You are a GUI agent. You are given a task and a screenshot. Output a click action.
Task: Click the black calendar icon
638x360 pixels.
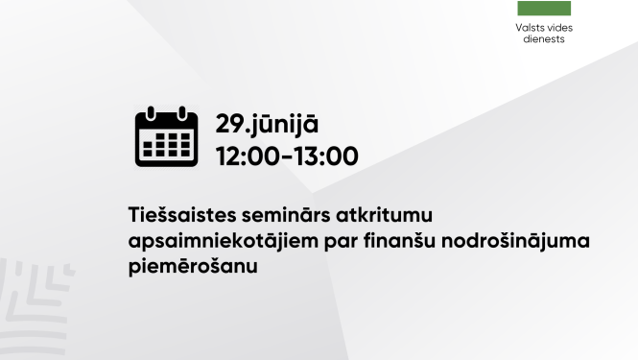[166, 138]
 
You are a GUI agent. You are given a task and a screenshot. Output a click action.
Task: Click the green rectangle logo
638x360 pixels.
[544, 8]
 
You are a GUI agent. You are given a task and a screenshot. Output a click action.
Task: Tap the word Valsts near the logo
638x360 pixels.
[531, 28]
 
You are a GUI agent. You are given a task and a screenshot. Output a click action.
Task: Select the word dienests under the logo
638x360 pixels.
[544, 39]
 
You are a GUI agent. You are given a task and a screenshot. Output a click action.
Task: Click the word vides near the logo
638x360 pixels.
[559, 28]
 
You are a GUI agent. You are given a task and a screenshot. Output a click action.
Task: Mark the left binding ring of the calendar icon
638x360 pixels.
[150, 115]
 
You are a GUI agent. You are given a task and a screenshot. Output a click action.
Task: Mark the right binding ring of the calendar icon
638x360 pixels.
[182, 115]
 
